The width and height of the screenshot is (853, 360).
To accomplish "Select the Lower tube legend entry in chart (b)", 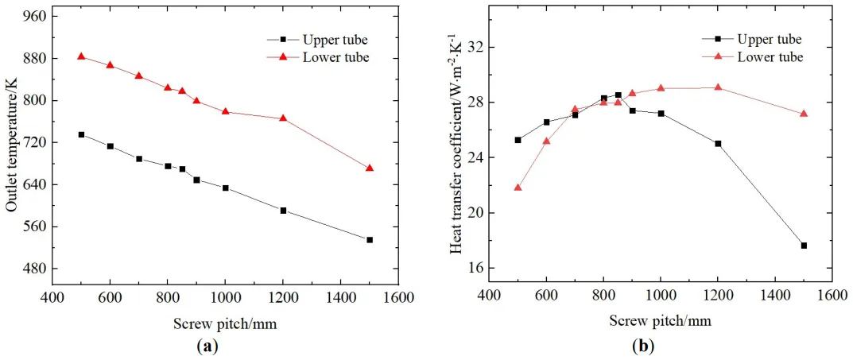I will click(x=770, y=56).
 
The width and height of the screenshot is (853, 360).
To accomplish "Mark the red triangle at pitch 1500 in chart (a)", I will click(x=370, y=168).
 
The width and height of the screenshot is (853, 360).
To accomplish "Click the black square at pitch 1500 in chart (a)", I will click(x=370, y=240).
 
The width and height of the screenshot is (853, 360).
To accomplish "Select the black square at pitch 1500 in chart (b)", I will click(x=804, y=246).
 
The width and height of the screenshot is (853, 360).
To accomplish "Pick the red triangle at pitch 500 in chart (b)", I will click(x=518, y=188).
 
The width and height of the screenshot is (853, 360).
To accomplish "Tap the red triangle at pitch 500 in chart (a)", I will click(x=81, y=56).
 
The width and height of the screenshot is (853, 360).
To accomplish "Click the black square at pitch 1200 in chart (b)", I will click(x=718, y=144).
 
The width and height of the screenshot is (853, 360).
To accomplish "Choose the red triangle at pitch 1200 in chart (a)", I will click(x=283, y=118).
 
